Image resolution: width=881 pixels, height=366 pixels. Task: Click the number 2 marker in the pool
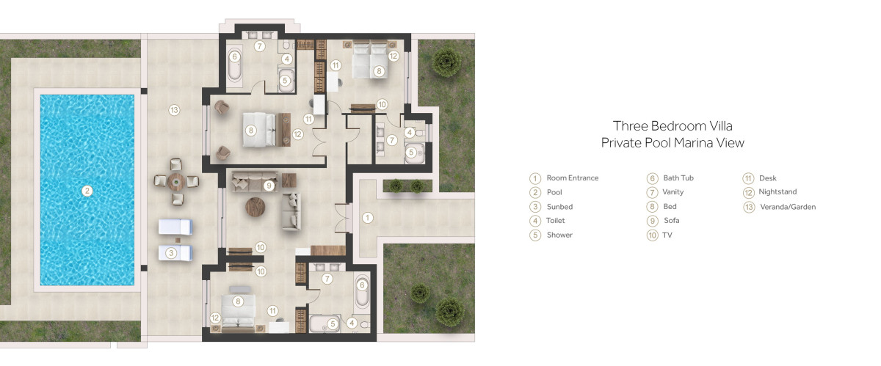(87, 191)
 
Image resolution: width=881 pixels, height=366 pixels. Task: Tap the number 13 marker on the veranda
(174, 110)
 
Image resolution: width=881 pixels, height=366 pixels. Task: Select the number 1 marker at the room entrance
(367, 217)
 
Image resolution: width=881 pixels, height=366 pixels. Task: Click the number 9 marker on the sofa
(269, 185)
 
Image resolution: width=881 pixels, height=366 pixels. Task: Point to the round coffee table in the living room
(255, 207)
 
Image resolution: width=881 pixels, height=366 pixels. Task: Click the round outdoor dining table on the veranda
(175, 182)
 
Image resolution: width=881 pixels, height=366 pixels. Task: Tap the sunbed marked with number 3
(175, 253)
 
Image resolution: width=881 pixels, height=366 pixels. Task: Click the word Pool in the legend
(554, 192)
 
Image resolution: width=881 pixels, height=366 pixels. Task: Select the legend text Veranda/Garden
(788, 207)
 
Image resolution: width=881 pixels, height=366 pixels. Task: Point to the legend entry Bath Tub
(678, 177)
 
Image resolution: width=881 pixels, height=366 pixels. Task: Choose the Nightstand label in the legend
(777, 192)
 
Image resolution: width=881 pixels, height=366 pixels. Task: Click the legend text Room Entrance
(572, 177)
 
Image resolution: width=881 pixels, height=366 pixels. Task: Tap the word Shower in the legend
(559, 235)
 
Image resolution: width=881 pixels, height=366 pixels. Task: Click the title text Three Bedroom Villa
(672, 126)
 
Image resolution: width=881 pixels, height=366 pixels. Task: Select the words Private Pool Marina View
(672, 142)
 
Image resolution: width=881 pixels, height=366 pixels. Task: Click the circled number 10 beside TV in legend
(652, 235)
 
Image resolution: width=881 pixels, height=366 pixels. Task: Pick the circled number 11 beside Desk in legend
(748, 178)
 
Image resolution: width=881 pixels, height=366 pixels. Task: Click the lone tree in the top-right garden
(446, 62)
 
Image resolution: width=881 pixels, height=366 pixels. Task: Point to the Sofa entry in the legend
(671, 221)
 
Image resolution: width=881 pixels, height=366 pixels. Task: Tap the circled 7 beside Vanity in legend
(652, 193)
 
